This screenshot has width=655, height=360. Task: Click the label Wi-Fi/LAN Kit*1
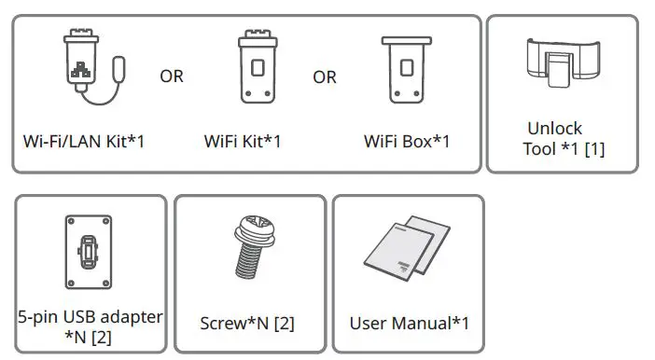(x=84, y=143)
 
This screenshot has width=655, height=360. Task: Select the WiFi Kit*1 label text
(x=243, y=143)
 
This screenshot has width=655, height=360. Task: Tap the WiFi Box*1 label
(x=407, y=143)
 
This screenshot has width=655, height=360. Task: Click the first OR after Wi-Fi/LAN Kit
(x=172, y=76)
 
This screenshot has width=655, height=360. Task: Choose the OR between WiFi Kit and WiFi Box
(x=325, y=76)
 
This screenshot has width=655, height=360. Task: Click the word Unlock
(x=554, y=129)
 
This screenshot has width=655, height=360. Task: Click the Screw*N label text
(x=248, y=324)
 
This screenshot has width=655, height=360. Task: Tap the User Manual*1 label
(x=409, y=324)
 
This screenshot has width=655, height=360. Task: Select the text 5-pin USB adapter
(x=90, y=316)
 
